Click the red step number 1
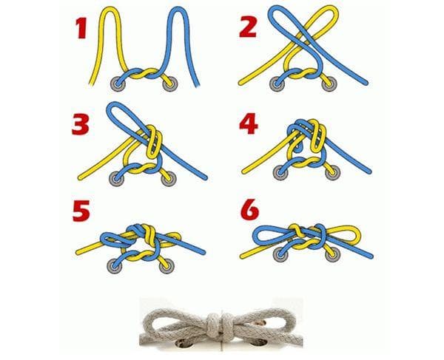[x=81, y=28]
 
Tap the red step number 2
[x=248, y=27]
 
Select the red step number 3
[x=81, y=124]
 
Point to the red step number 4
[x=249, y=123]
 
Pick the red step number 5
[x=81, y=211]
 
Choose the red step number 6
[x=249, y=210]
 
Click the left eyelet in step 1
[x=117, y=84]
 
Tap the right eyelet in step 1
[x=171, y=84]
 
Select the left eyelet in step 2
[x=277, y=84]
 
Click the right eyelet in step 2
[x=330, y=84]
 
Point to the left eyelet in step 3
[x=117, y=178]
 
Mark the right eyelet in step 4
[x=333, y=173]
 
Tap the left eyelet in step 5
[x=115, y=265]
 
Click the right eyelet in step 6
[x=331, y=254]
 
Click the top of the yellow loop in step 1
[x=110, y=9]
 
